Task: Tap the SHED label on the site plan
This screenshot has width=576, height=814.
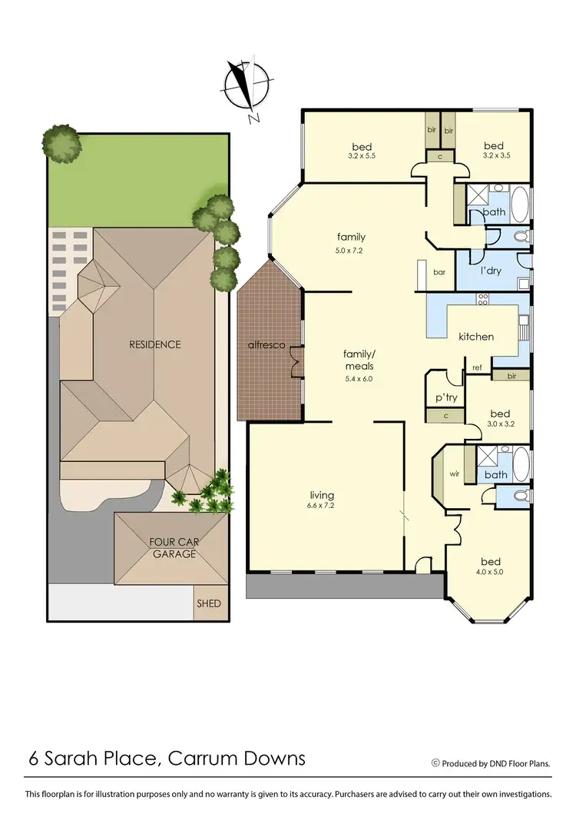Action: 209,603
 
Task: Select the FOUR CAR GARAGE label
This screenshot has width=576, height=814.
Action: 174,547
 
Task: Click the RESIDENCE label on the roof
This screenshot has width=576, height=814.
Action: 155,344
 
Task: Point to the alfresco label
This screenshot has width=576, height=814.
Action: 266,345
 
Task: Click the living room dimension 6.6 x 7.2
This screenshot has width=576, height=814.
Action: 323,506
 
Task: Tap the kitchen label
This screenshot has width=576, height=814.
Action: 476,337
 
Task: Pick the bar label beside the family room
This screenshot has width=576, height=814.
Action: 439,271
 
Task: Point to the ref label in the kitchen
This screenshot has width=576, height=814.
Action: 477,367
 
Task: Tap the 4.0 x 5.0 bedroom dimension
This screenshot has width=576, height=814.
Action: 492,571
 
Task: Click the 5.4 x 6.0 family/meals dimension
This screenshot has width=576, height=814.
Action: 359,378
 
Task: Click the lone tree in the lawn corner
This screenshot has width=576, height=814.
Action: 61,144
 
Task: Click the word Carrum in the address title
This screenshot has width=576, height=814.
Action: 204,759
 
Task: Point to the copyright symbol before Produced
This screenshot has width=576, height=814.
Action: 435,763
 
